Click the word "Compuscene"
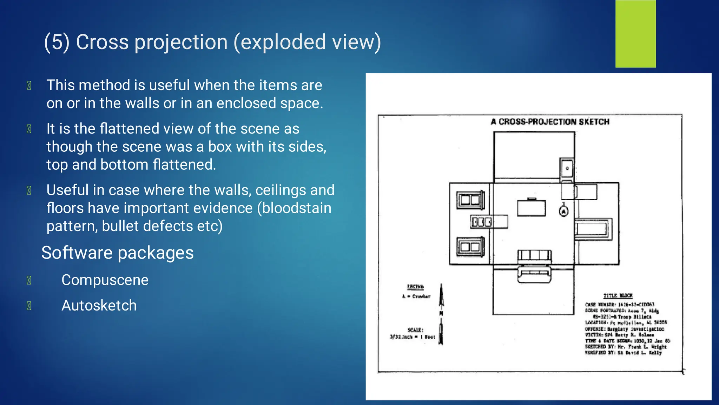[x=105, y=280]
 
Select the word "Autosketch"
[x=99, y=305]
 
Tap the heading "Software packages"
[x=117, y=253]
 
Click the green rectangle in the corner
[x=635, y=34]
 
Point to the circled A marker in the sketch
[x=564, y=211]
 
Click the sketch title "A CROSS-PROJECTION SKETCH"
[x=550, y=122]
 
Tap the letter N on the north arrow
[x=441, y=313]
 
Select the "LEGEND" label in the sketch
[x=415, y=287]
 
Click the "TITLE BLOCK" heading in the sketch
[x=618, y=296]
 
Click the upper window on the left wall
[x=470, y=200]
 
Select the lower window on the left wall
[x=470, y=247]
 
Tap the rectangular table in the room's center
[x=531, y=208]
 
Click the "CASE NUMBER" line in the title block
[x=620, y=305]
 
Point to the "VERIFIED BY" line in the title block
[x=623, y=353]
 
